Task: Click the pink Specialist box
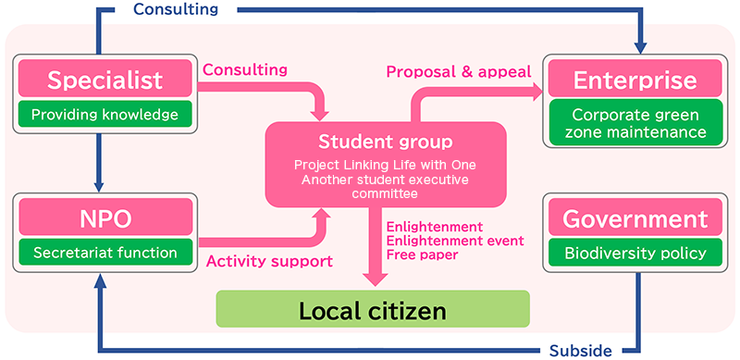105,80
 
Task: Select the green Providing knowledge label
105,115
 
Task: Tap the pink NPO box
105,219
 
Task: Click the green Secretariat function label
105,252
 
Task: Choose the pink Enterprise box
635,80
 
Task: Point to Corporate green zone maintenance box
635,123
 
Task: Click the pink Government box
635,219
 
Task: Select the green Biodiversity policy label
635,252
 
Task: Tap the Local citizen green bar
373,309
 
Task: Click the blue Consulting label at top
176,10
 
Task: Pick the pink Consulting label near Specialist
245,69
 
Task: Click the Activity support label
268,261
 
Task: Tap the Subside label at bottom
581,351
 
